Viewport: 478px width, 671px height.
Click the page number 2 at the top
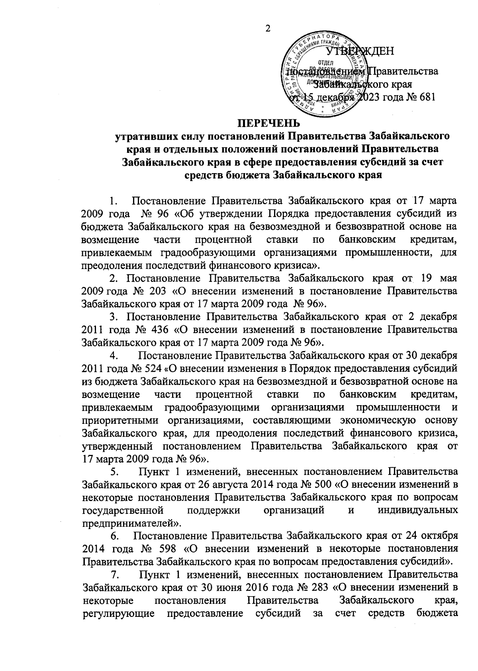pyautogui.click(x=267, y=28)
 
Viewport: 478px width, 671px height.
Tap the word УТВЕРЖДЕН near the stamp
pyautogui.click(x=360, y=51)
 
